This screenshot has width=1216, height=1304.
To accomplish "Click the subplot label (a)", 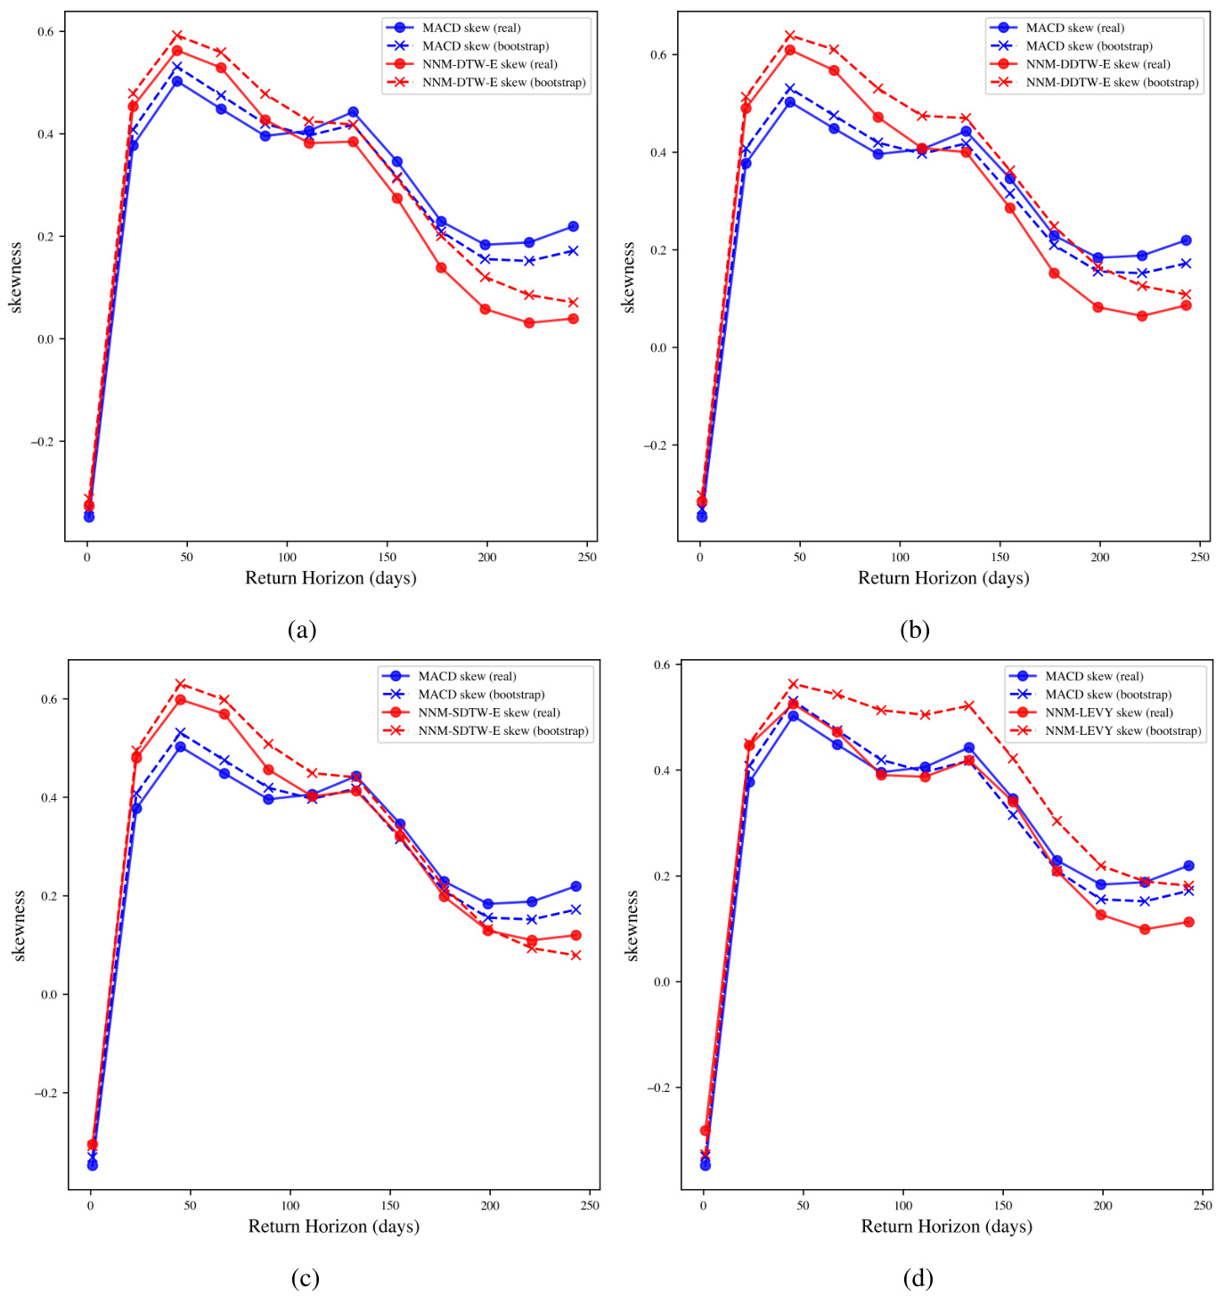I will (x=302, y=631).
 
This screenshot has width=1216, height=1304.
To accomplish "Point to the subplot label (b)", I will (x=915, y=631).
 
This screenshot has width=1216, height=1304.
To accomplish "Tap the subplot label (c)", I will (x=305, y=1279).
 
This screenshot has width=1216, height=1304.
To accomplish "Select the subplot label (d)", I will (x=918, y=1279).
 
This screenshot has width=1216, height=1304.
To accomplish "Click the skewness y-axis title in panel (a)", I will (x=15, y=277).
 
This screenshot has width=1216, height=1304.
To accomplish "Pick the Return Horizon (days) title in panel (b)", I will (x=943, y=578).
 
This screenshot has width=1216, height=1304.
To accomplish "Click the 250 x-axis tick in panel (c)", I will (x=590, y=1206).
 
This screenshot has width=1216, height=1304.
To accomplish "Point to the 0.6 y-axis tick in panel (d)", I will (x=662, y=664).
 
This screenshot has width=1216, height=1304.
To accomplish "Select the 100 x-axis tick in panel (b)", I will (x=900, y=558).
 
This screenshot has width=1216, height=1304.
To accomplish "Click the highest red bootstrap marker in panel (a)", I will (x=177, y=36).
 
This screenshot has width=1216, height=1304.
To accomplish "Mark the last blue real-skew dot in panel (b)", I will (x=1186, y=240).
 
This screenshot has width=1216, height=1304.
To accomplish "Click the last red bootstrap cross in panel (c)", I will (x=575, y=955).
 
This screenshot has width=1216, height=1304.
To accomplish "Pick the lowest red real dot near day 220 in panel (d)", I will (x=1145, y=929).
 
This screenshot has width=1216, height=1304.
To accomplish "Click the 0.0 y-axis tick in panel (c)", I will (x=48, y=995).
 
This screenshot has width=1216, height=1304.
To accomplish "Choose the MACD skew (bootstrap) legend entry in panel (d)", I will (x=1108, y=695).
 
